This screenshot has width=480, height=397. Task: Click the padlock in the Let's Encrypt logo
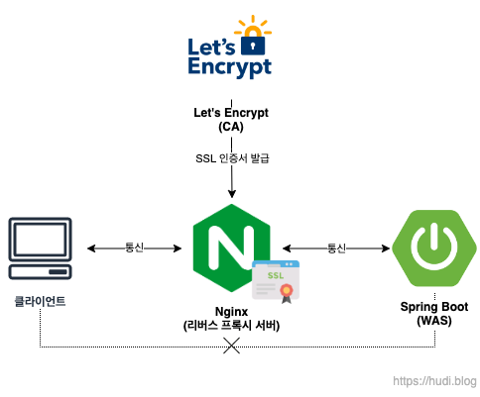click(253, 43)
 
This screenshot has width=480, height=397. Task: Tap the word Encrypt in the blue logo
click(230, 67)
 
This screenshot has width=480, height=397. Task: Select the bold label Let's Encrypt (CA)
click(231, 120)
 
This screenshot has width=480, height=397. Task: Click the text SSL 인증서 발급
click(232, 158)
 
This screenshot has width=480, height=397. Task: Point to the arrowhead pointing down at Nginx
click(232, 194)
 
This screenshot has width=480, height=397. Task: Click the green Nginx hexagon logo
click(232, 248)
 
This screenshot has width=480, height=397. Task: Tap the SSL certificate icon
click(276, 281)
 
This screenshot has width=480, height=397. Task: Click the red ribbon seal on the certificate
click(287, 293)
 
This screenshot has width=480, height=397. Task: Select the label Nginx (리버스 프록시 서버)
click(231, 319)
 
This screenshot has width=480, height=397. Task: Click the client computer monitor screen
click(40, 240)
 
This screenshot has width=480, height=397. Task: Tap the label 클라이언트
click(40, 301)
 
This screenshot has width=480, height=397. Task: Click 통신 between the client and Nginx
click(134, 248)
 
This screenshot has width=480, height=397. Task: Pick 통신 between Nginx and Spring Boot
click(336, 248)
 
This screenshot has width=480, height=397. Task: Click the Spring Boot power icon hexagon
click(434, 248)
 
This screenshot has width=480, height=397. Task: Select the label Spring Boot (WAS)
click(434, 314)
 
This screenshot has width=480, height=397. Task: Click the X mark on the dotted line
click(231, 346)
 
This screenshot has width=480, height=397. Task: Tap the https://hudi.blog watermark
click(434, 381)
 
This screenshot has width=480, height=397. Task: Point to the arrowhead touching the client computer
click(91, 248)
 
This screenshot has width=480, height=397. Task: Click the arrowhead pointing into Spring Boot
click(386, 248)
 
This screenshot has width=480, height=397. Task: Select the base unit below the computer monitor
click(40, 272)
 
